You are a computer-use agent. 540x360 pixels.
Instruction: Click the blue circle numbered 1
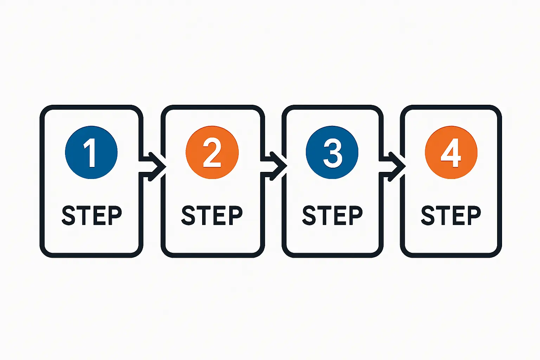(91, 152)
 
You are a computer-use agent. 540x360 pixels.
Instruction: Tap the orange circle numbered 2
(212, 152)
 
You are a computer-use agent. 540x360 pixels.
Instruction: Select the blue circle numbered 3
(332, 152)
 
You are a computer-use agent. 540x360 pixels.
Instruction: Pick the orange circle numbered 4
(451, 152)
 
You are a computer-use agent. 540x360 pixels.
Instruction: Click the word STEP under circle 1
(92, 215)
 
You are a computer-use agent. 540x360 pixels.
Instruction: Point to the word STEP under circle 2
(212, 215)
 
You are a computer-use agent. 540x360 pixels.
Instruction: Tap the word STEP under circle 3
(332, 215)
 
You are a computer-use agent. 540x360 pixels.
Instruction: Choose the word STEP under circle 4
(451, 215)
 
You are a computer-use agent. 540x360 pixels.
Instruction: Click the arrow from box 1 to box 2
(155, 166)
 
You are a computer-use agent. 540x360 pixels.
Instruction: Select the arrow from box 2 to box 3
(276, 166)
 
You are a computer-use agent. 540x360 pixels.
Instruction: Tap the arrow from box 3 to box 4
(394, 166)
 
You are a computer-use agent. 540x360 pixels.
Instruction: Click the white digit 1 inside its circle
(91, 153)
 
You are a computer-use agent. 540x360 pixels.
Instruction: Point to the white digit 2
(212, 153)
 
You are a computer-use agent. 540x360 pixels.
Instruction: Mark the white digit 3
(333, 153)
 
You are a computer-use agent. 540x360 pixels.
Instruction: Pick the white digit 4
(451, 153)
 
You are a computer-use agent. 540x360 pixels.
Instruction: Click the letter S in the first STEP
(69, 215)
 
